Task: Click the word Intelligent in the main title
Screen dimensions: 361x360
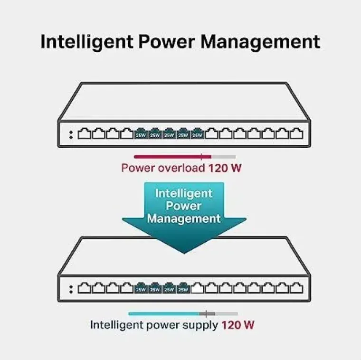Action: pos(87,42)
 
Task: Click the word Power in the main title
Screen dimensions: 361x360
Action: pos(166,42)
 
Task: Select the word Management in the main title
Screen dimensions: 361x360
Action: pos(260,42)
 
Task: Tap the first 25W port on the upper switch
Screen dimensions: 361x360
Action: pos(141,133)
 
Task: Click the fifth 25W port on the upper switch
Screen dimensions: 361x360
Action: pos(197,133)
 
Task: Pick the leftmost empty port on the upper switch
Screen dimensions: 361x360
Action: pos(85,133)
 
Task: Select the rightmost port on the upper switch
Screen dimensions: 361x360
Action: pos(296,133)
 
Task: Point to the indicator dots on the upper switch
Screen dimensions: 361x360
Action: pos(71,135)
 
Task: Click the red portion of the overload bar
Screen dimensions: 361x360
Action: pos(173,157)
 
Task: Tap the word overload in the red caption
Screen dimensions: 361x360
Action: pos(181,168)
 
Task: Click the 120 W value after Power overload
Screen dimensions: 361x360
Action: pos(225,168)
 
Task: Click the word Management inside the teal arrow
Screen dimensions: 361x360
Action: pos(184,218)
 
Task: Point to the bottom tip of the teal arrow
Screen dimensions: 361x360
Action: pos(184,254)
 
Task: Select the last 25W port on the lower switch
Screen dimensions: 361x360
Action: pos(183,288)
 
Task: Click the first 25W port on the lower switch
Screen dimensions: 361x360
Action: pos(141,288)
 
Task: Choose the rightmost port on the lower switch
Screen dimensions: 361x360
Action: pos(296,288)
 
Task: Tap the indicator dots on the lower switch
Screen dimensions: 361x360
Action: pos(71,290)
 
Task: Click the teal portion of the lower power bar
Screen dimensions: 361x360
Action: pos(164,314)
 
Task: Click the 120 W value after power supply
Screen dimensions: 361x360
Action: pos(238,325)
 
